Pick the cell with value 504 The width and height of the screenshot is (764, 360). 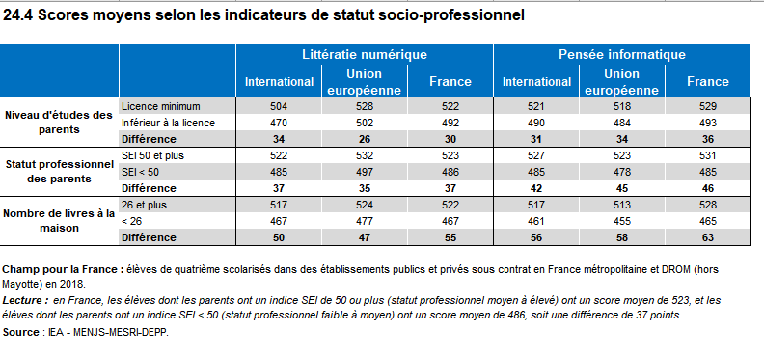pyautogui.click(x=278, y=104)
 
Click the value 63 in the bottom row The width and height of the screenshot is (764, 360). pyautogui.click(x=708, y=237)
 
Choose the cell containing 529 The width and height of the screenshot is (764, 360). pyautogui.click(x=708, y=104)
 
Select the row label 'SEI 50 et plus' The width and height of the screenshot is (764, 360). pyautogui.click(x=151, y=154)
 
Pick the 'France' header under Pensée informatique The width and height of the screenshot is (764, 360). pyautogui.click(x=708, y=81)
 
